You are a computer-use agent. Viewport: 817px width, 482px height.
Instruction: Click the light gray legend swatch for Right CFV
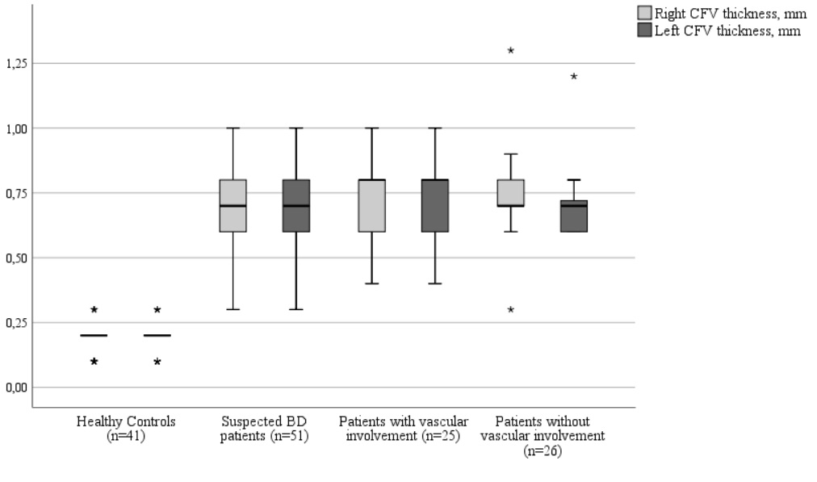644,13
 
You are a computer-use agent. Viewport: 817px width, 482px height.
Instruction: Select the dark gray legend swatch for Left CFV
644,30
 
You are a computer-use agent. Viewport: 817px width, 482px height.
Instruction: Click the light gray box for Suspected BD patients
233,206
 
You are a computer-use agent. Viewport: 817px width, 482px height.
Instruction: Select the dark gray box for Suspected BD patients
296,206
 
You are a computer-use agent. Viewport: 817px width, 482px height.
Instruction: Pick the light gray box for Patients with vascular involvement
372,206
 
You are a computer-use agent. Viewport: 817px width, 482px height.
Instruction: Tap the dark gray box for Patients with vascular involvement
435,206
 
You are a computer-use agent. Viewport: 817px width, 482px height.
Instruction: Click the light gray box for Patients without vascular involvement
510,193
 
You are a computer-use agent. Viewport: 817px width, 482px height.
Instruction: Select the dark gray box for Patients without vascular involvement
573,216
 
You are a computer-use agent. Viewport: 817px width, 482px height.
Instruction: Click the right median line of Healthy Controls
157,335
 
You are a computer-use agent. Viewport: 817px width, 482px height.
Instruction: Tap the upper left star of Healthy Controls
94,309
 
